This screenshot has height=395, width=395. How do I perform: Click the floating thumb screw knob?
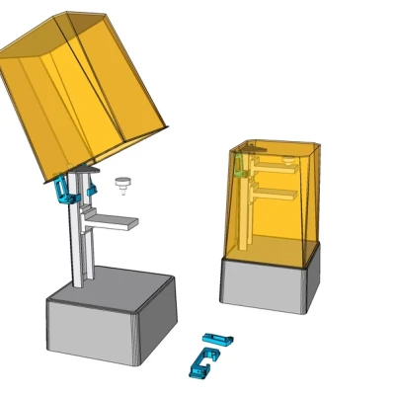[x=122, y=184]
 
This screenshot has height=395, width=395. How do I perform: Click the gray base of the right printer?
[x=269, y=287]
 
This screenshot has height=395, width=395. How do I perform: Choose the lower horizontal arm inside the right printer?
[x=276, y=195]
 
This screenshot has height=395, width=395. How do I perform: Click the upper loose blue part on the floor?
[x=217, y=341]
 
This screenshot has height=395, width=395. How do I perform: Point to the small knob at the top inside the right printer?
[x=286, y=157]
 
